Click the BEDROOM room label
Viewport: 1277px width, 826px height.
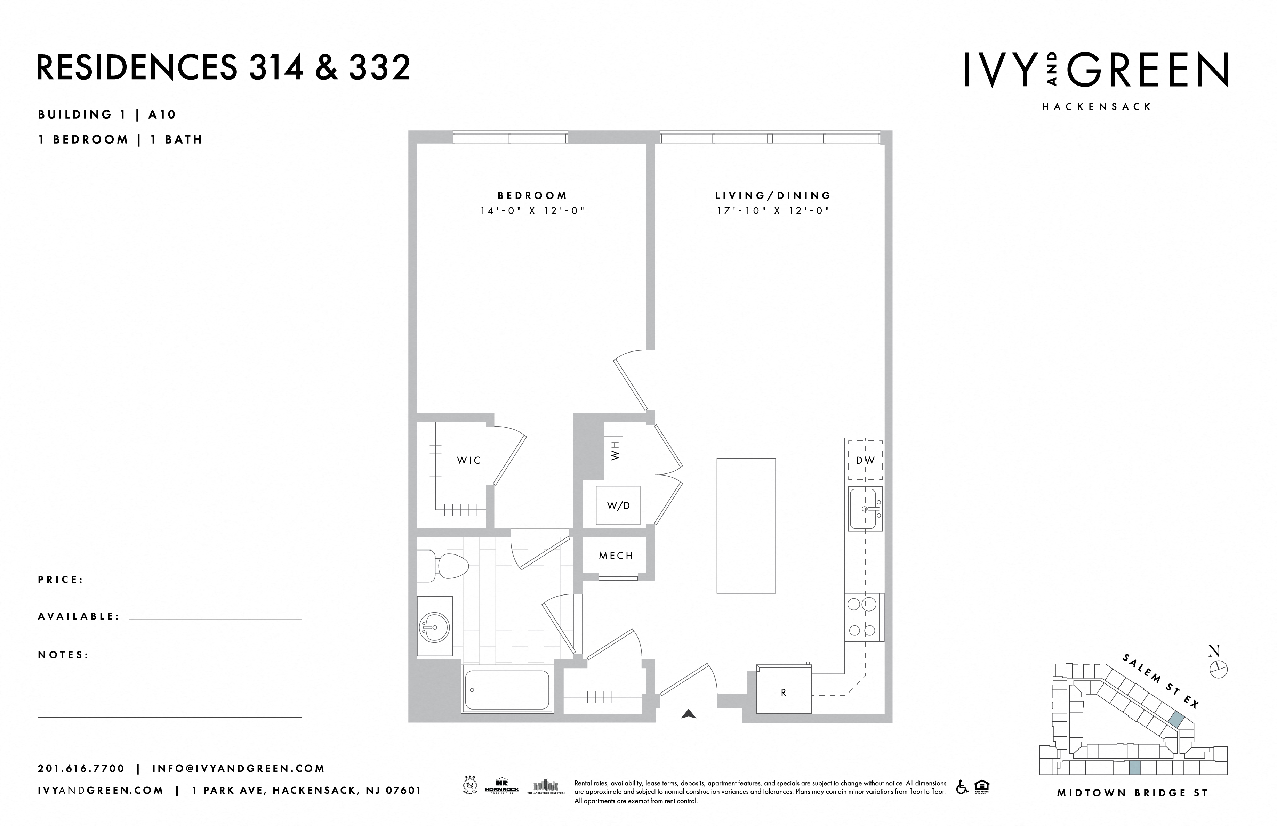(532, 196)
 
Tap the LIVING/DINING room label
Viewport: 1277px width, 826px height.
(773, 196)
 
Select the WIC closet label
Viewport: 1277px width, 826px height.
(468, 460)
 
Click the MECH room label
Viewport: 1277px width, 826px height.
(616, 556)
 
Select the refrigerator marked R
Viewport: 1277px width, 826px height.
(784, 692)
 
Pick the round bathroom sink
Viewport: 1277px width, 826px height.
(434, 626)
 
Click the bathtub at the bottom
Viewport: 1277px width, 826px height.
(507, 689)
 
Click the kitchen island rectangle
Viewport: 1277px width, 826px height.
(746, 526)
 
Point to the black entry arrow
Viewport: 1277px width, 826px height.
(688, 714)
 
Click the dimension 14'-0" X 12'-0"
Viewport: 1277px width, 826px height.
(532, 211)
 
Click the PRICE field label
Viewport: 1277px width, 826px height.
(61, 580)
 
